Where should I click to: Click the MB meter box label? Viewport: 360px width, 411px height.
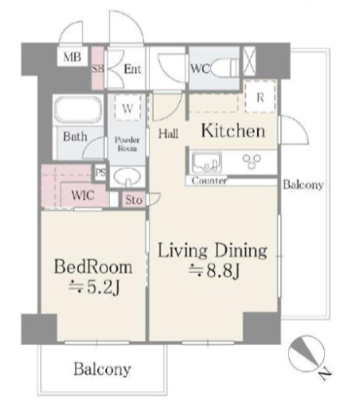tap(72, 57)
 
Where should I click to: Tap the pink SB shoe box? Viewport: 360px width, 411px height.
tap(98, 68)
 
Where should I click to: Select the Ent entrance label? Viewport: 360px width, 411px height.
tap(132, 69)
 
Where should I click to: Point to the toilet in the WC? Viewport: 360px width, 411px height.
tap(225, 68)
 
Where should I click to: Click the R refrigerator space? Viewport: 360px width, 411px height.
tap(261, 97)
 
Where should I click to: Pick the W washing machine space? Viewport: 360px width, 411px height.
tap(128, 107)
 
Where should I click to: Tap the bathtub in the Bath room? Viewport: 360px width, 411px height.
tap(78, 110)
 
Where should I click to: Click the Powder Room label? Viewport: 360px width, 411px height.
tap(127, 144)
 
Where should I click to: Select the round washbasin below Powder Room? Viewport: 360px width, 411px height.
tap(127, 176)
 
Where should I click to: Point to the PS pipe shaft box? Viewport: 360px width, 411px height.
tap(100, 172)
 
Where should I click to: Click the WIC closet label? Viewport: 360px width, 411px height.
tap(82, 196)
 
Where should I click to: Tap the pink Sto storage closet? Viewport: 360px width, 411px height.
tap(134, 200)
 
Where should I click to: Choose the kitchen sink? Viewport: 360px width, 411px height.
tap(207, 162)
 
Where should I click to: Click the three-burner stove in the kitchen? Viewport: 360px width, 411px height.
tap(252, 161)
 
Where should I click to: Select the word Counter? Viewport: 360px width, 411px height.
tap(209, 181)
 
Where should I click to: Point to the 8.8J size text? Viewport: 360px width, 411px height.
tap(213, 270)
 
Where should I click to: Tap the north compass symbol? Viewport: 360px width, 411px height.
tap(307, 354)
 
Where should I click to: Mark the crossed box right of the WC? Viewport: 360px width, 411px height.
tap(249, 62)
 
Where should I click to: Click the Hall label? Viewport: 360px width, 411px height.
tap(168, 134)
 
